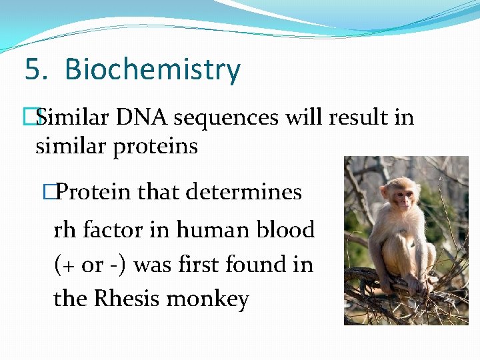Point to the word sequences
coord(227,119)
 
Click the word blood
coord(286,230)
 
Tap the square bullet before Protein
coord(47,193)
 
